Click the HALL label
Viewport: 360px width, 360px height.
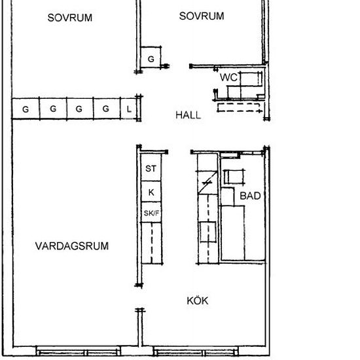pyautogui.click(x=188, y=115)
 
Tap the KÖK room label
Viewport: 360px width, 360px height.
pyautogui.click(x=197, y=301)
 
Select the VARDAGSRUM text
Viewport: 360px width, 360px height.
pyautogui.click(x=72, y=246)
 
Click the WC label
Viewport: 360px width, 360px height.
pyautogui.click(x=228, y=77)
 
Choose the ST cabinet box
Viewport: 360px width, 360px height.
pyautogui.click(x=151, y=169)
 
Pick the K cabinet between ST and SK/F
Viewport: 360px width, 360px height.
pyautogui.click(x=151, y=192)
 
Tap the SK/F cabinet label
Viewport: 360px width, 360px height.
pyautogui.click(x=151, y=213)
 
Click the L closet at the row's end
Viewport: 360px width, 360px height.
pyautogui.click(x=129, y=109)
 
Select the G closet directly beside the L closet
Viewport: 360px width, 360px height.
pyautogui.click(x=105, y=109)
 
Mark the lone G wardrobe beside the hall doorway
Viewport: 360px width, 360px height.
pyautogui.click(x=151, y=60)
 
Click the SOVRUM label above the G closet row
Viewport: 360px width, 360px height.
pyautogui.click(x=70, y=18)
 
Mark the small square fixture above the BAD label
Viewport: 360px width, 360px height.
pyautogui.click(x=232, y=177)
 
